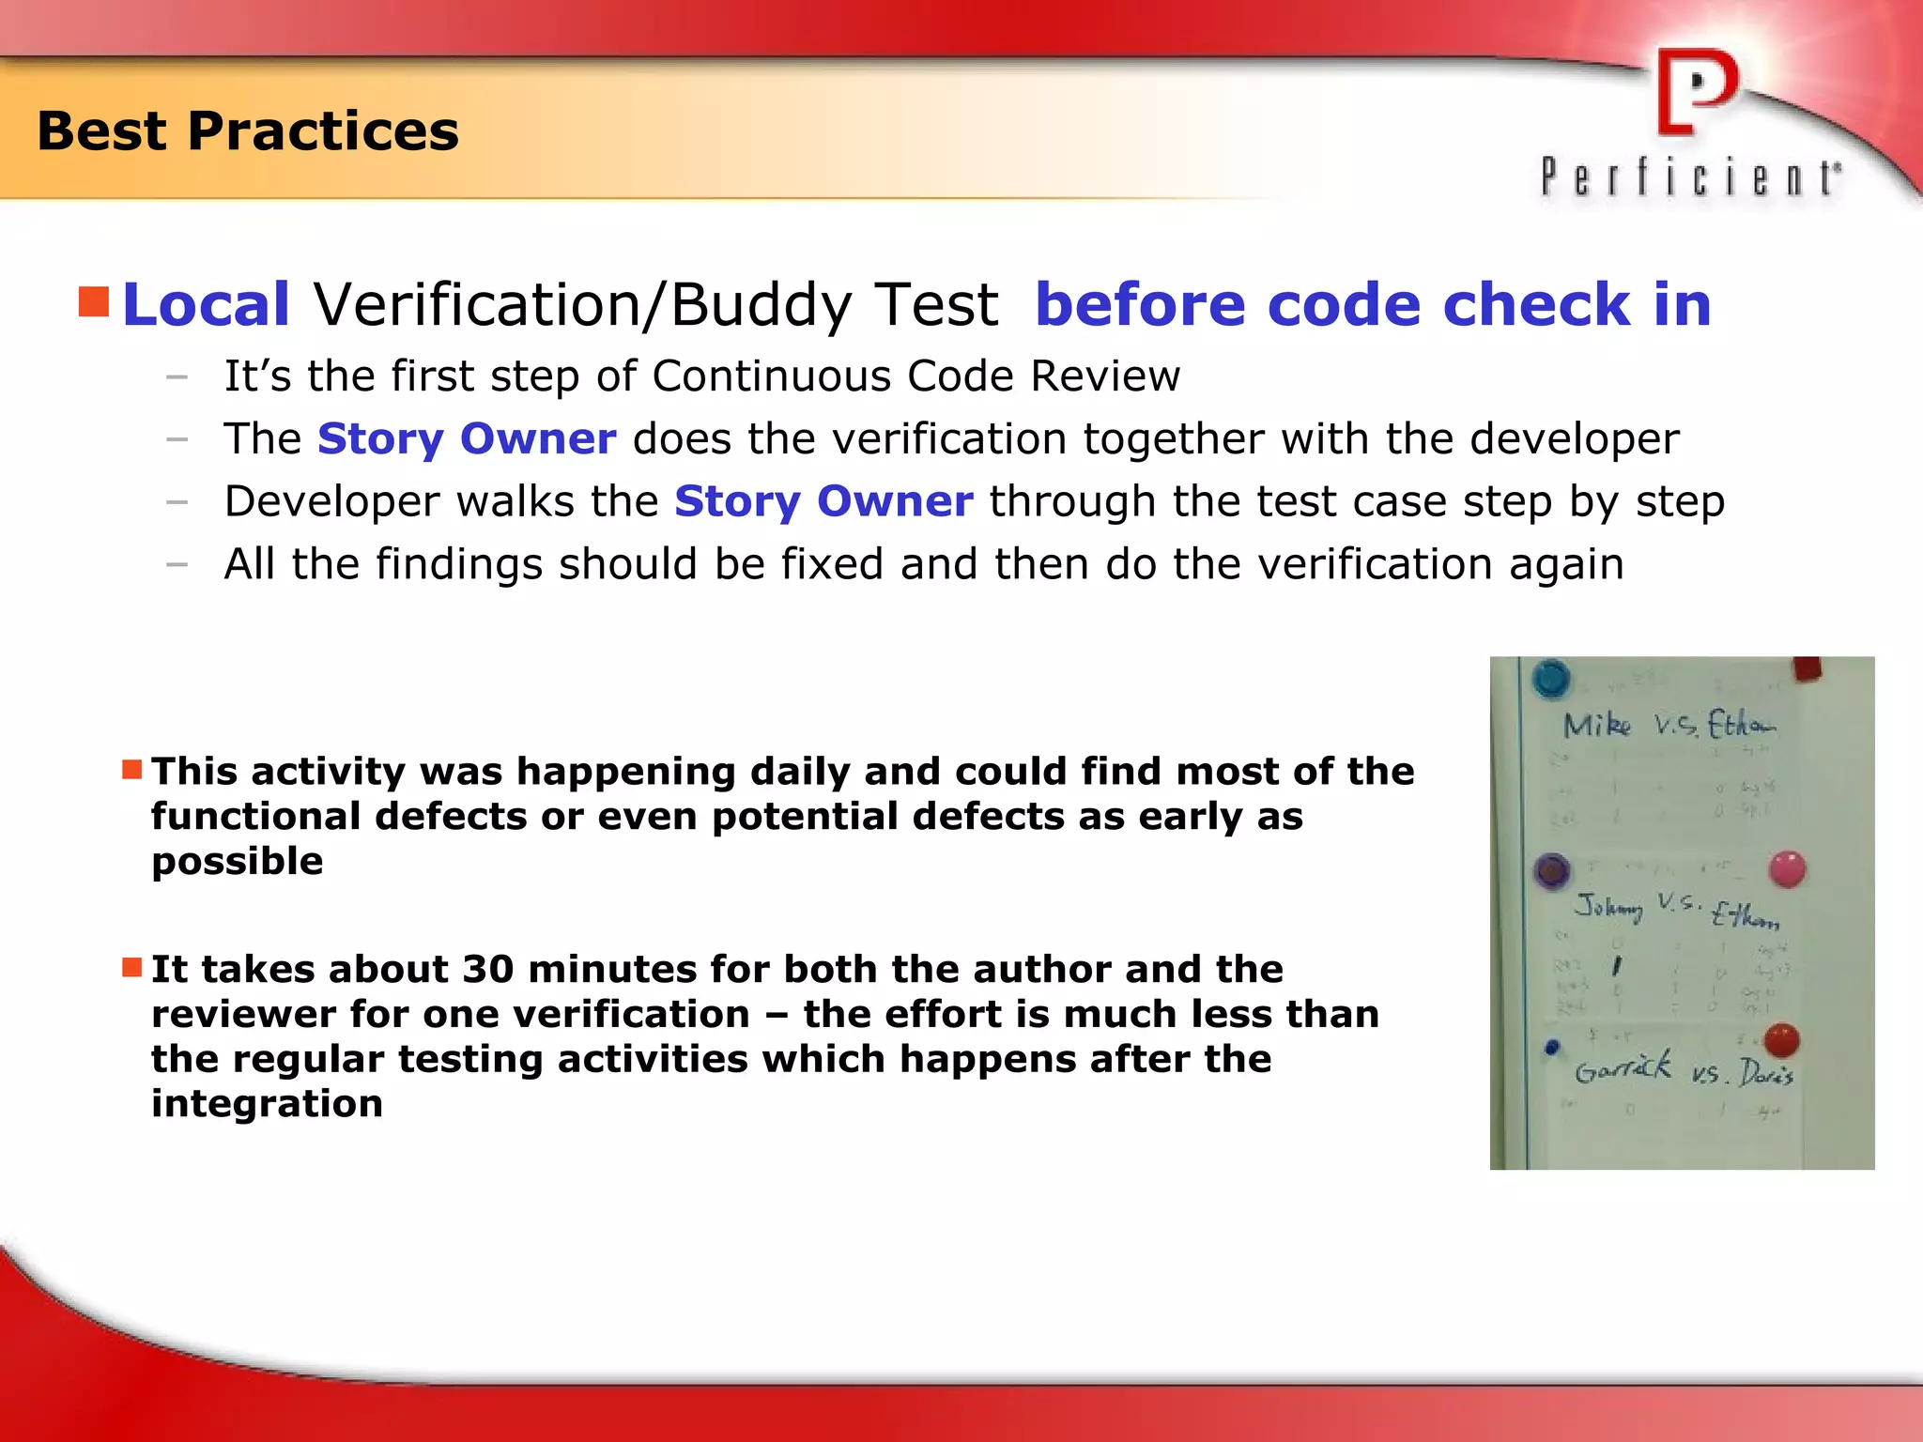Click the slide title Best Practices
[248, 130]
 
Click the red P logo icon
[1696, 92]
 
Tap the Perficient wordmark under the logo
[1690, 177]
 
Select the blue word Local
[206, 305]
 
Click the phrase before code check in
[1373, 305]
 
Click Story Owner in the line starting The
[467, 439]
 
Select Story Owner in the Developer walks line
[823, 501]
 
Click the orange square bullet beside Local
[94, 302]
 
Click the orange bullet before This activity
[131, 771]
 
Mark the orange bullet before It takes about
[131, 967]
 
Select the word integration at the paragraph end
[267, 1104]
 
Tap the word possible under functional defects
[237, 862]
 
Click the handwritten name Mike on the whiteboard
[1596, 725]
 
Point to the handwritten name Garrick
[1623, 1068]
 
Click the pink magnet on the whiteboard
[1787, 869]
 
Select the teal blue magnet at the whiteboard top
[1551, 678]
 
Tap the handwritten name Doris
[1765, 1073]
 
